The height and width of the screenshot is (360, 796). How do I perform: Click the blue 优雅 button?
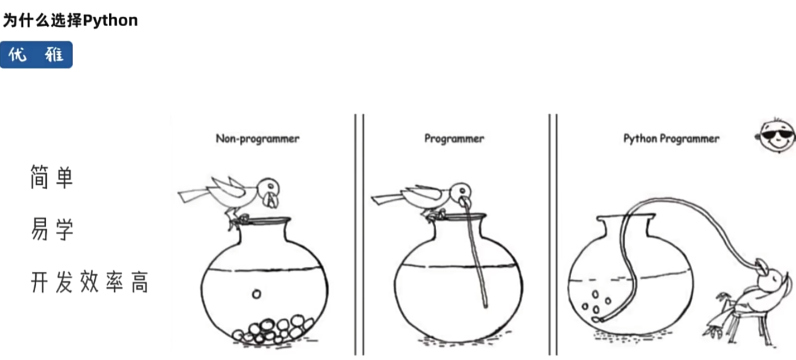[36, 55]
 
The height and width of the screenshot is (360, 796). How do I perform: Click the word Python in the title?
[110, 21]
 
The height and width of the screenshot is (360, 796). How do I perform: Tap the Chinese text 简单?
[52, 177]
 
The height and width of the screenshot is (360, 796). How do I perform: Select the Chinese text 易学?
[52, 229]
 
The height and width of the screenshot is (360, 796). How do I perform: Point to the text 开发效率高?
[90, 282]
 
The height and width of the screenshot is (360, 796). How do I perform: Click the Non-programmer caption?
[258, 139]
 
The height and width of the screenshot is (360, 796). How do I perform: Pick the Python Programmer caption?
[671, 139]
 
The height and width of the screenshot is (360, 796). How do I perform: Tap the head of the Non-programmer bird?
[269, 192]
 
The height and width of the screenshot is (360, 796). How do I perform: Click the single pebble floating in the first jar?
[257, 294]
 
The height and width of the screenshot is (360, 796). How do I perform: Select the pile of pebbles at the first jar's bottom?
[273, 329]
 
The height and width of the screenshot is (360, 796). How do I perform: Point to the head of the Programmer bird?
[461, 194]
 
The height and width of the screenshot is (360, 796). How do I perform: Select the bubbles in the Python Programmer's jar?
[596, 305]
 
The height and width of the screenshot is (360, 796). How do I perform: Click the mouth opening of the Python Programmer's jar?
[626, 217]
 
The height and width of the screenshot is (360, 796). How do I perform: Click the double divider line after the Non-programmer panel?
[359, 235]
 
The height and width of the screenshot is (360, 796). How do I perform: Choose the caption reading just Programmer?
[454, 139]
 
